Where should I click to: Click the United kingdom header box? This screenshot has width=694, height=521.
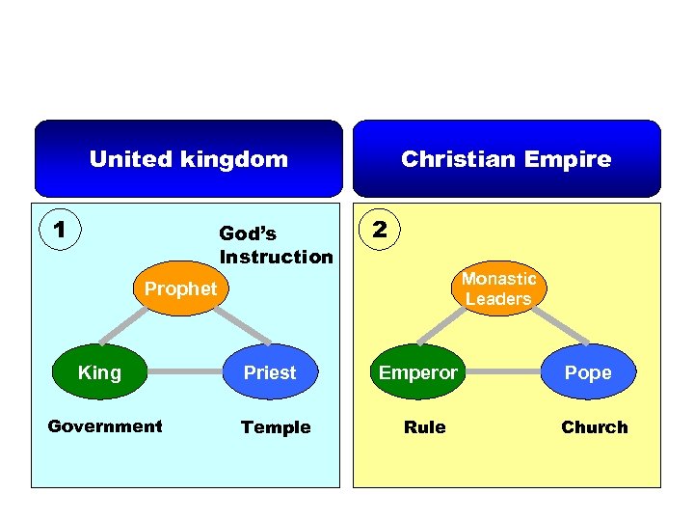coord(189,159)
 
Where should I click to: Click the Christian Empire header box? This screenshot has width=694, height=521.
coord(506,159)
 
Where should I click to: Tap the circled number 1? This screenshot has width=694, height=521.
coord(60,230)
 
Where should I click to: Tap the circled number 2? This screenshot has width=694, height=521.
coord(380,230)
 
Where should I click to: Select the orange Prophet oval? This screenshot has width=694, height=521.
coord(180,288)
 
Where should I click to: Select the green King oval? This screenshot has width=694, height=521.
coord(99,372)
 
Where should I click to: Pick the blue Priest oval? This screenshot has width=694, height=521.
coord(270,372)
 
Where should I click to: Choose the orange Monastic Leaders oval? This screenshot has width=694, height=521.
coord(497,288)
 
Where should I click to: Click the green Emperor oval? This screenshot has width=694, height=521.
coord(417,372)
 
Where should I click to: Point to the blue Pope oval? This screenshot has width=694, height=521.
coord(588,372)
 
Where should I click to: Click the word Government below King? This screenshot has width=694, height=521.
coord(105,426)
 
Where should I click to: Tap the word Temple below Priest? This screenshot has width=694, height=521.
coord(276,427)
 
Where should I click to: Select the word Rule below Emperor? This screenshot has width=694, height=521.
coord(425,427)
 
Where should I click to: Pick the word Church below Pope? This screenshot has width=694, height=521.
coord(594,427)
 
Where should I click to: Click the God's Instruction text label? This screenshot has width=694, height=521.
coord(276,245)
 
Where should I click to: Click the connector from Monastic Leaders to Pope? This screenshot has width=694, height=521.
coord(545,329)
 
